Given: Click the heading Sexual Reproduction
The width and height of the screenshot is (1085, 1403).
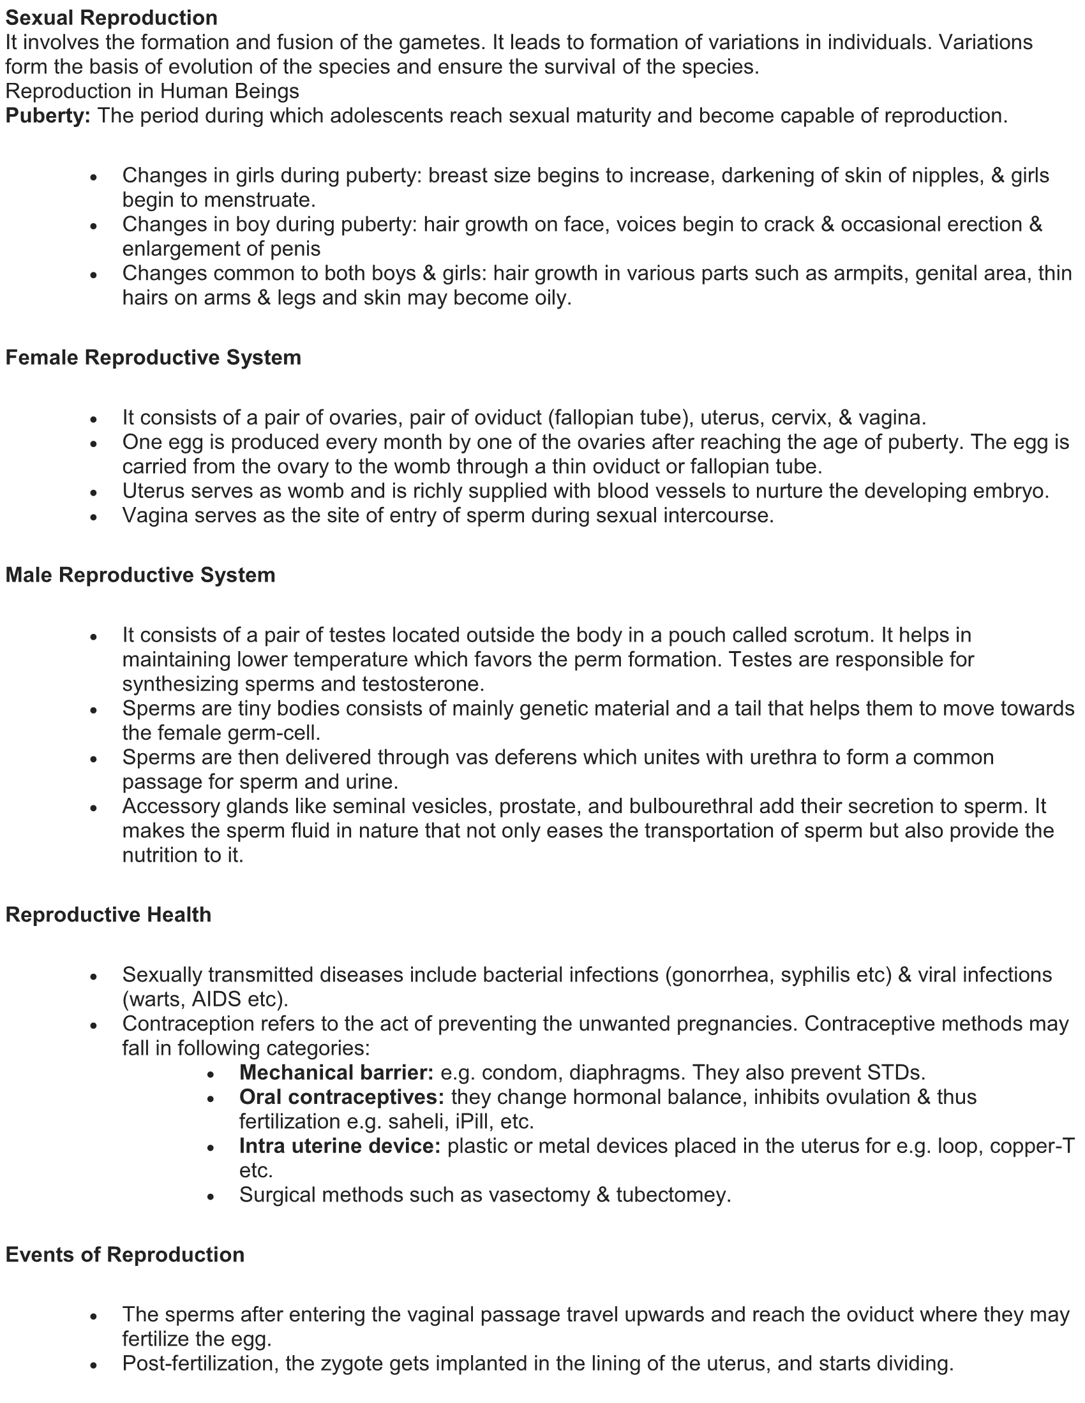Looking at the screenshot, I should (111, 17).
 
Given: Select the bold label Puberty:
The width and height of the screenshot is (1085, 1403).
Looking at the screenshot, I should (49, 115).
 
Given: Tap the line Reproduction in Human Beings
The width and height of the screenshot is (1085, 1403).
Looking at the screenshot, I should (153, 91).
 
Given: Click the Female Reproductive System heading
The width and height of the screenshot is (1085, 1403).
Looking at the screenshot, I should (153, 357).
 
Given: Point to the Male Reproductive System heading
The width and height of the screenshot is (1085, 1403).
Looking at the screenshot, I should (140, 575).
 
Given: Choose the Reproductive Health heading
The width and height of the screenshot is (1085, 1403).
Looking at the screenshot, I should (108, 914).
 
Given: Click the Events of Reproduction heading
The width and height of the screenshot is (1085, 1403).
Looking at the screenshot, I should (124, 1254).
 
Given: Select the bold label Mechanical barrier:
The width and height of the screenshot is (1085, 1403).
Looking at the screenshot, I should (336, 1072).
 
